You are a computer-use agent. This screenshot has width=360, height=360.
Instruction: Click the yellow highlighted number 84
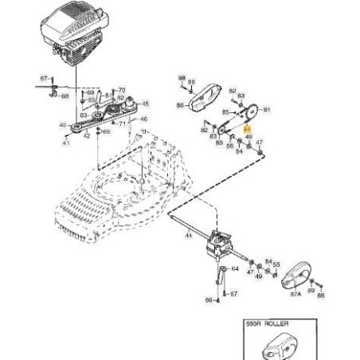coord(247,127)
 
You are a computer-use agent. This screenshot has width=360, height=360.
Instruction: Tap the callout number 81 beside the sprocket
coord(267,109)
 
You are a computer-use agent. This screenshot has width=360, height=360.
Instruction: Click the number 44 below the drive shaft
coord(189,237)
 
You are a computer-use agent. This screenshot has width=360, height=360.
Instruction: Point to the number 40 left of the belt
coord(63,125)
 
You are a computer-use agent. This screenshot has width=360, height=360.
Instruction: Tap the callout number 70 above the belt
coord(121,91)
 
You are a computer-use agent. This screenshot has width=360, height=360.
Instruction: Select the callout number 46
coord(144,119)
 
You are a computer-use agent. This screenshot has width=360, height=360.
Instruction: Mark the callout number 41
coord(66,143)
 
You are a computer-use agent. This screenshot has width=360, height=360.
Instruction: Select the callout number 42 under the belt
coord(86,137)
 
